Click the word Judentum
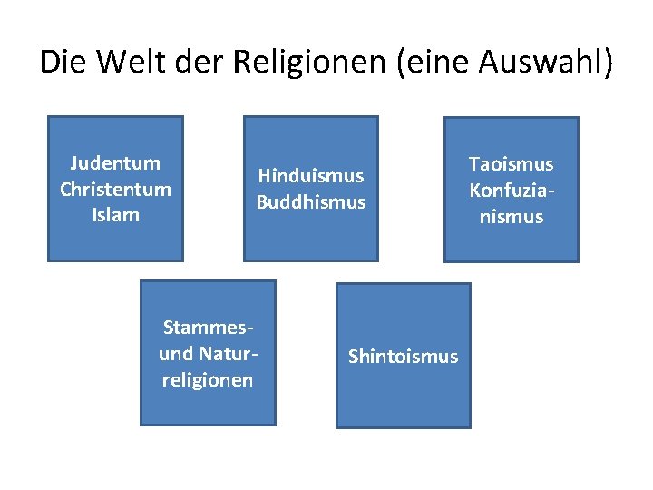click(115, 163)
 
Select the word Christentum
click(115, 190)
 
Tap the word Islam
click(115, 215)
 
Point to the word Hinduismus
click(310, 175)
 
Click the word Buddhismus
click(310, 201)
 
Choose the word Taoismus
click(511, 164)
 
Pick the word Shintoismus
click(404, 357)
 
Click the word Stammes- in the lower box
click(207, 327)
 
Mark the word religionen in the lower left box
click(207, 379)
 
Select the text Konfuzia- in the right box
click(511, 191)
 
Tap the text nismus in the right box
click(511, 217)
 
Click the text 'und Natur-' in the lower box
click(207, 353)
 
